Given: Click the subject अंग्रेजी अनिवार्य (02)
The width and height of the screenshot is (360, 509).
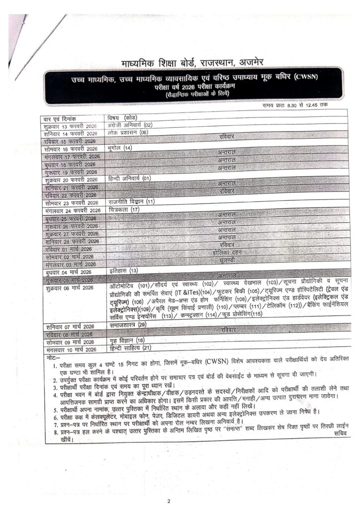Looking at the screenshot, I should tap(130, 125).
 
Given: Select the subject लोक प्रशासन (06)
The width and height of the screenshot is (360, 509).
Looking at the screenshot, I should tap(128, 133).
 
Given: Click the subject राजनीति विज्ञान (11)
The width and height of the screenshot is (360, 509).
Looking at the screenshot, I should tap(132, 202).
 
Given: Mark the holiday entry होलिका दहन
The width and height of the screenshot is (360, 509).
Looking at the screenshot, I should tap(226, 253).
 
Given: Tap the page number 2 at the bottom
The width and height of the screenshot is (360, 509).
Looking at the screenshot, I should tap(169, 501).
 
